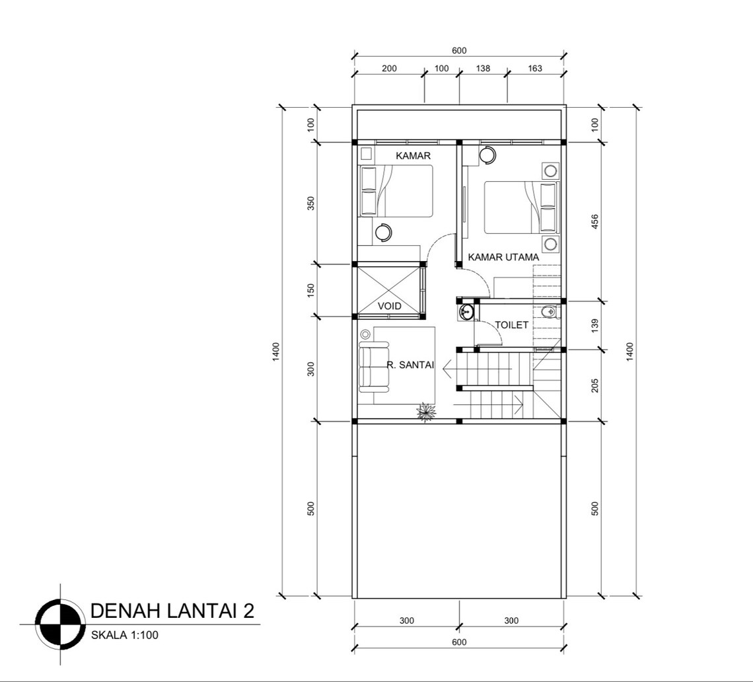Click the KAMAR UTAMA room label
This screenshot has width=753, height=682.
pos(503,257)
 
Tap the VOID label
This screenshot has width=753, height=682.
pos(390,306)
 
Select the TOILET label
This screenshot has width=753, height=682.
pos(512,325)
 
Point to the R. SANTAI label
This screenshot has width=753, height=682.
pos(410,364)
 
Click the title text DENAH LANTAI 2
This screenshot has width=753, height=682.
pos(172,610)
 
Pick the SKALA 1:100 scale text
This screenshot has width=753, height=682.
pos(124,635)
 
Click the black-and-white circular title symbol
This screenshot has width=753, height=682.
pos(60,624)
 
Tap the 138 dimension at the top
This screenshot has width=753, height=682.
pos(483,68)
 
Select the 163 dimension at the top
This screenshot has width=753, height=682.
pos(535,68)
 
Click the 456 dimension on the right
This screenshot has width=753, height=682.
pos(595,221)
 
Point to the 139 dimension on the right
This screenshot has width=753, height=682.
pos(595,324)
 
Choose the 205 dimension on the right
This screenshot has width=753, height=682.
pos(595,385)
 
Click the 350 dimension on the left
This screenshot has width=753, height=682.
pos(311,203)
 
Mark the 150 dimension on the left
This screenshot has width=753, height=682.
pos(311,290)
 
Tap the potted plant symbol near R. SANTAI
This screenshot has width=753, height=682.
pos(427,412)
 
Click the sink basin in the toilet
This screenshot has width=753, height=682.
pos(466,312)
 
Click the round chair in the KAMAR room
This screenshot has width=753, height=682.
pos(382,232)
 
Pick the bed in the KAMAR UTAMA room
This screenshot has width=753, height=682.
pos(520,207)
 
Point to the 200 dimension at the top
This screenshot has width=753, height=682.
pos(389,68)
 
